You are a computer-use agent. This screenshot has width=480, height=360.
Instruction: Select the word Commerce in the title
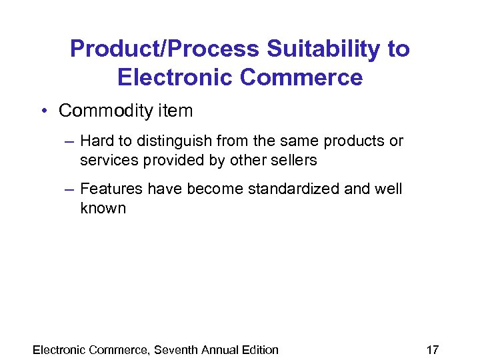pyautogui.click(x=302, y=77)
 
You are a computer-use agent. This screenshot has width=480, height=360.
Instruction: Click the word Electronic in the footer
pyautogui.click(x=59, y=349)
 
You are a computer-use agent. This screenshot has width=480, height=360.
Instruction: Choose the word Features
pyautogui.click(x=111, y=189)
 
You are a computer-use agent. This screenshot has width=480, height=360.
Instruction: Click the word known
pyautogui.click(x=103, y=208)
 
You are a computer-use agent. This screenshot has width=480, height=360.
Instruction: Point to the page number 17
pyautogui.click(x=432, y=349)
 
